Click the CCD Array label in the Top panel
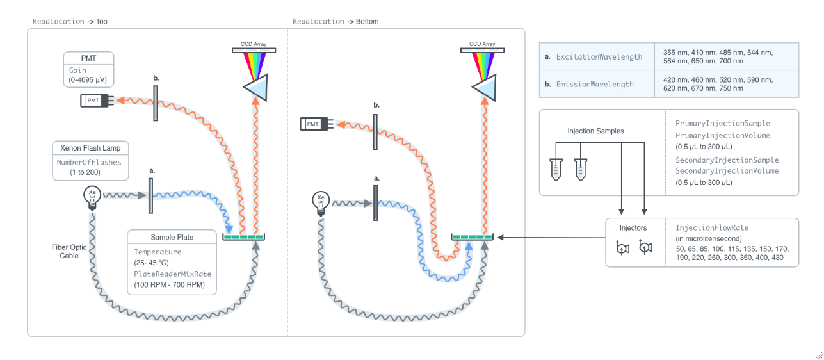click(x=254, y=44)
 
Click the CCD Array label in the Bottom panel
click(x=482, y=44)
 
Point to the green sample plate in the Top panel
click(x=243, y=237)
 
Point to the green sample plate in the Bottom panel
click(x=472, y=237)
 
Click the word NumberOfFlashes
click(x=89, y=162)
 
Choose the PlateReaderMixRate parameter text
click(x=172, y=274)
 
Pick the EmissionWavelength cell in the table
click(x=595, y=84)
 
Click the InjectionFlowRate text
click(x=712, y=228)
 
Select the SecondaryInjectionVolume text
click(x=727, y=171)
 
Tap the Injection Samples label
click(x=595, y=131)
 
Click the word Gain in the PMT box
click(x=77, y=70)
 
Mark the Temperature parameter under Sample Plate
click(x=158, y=252)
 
